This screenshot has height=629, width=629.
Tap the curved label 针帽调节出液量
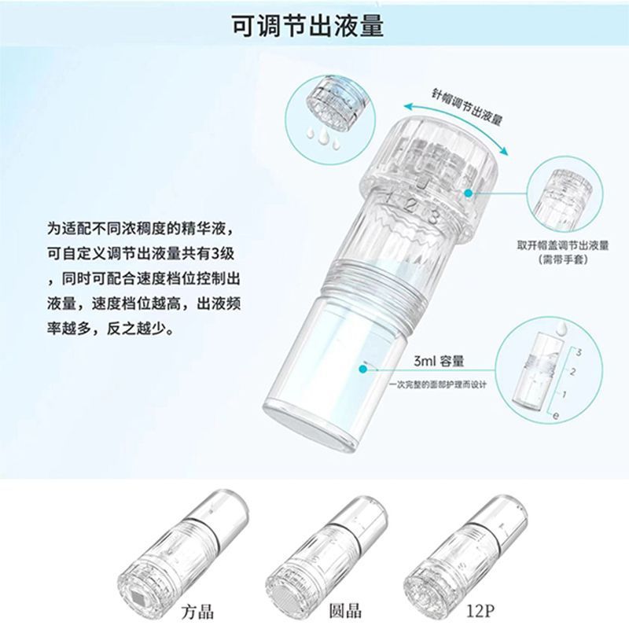[467, 106]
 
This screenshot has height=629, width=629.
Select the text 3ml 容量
[439, 361]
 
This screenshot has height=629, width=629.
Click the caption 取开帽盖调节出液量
[563, 245]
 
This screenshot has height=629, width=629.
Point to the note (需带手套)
[563, 259]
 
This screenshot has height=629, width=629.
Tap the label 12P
[480, 611]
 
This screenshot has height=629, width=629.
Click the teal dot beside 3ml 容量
[363, 368]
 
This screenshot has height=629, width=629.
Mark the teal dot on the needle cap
[468, 193]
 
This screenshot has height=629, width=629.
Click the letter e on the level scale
[556, 416]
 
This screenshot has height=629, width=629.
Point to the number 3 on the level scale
[579, 353]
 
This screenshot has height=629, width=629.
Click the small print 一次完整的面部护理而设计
[438, 384]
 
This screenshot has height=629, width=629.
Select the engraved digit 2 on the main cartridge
[410, 207]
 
